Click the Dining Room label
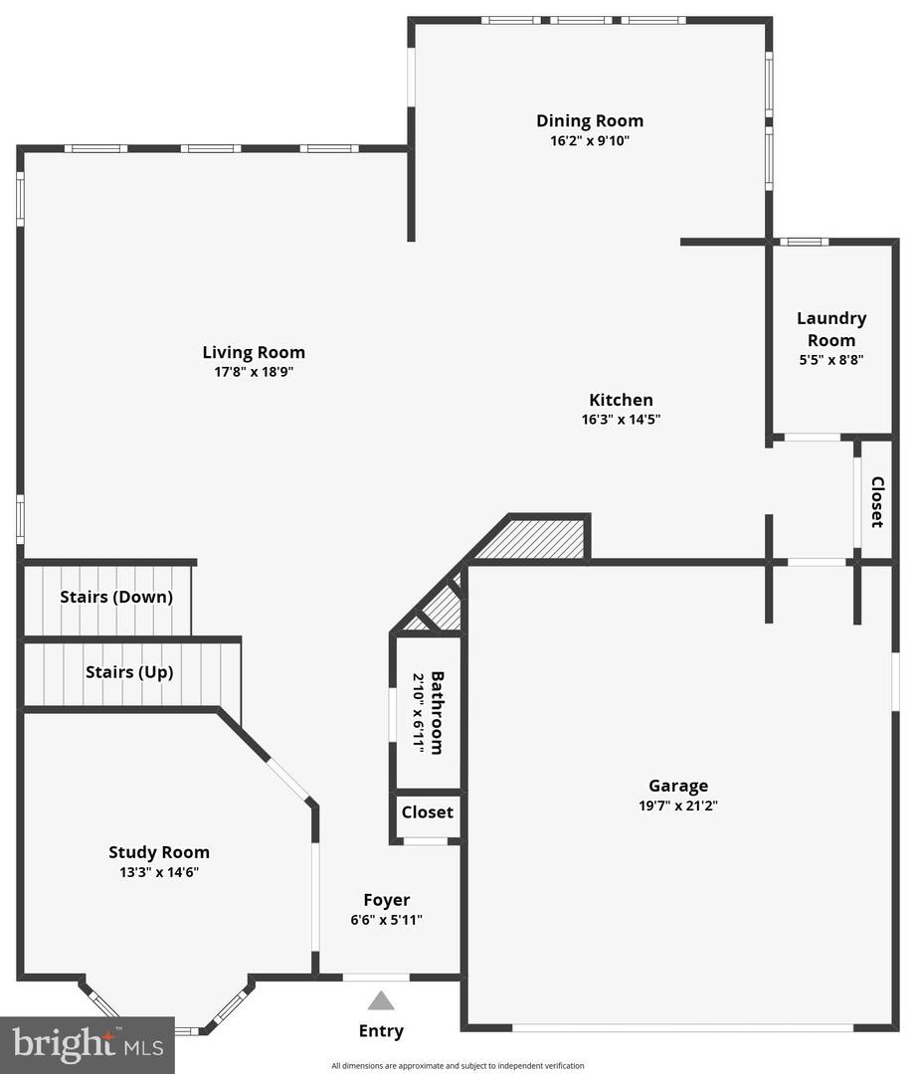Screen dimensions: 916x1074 point(590,121)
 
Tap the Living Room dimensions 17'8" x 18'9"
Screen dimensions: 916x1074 point(255,372)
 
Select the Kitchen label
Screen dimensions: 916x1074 point(621,400)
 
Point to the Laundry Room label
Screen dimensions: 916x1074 point(831,329)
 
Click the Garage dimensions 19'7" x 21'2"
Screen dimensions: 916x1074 point(678,805)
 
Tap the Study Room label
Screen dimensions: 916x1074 point(159,853)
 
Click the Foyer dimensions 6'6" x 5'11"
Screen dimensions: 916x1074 point(387,920)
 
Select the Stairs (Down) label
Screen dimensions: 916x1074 point(116,597)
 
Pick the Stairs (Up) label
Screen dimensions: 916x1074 point(129,672)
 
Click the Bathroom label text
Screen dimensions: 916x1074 point(437,713)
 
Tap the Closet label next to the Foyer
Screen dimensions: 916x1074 point(428,812)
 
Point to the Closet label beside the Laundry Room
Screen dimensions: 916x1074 point(877,502)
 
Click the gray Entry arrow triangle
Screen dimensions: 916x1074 point(381,1000)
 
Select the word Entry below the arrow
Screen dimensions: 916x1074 point(381,1031)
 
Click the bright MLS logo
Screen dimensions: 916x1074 point(88,1044)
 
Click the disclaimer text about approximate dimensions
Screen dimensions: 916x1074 point(458,1066)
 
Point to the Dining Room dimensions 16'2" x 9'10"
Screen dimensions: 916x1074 point(590,141)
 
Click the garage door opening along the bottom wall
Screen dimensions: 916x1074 point(683,1027)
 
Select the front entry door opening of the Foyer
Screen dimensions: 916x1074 point(376,978)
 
